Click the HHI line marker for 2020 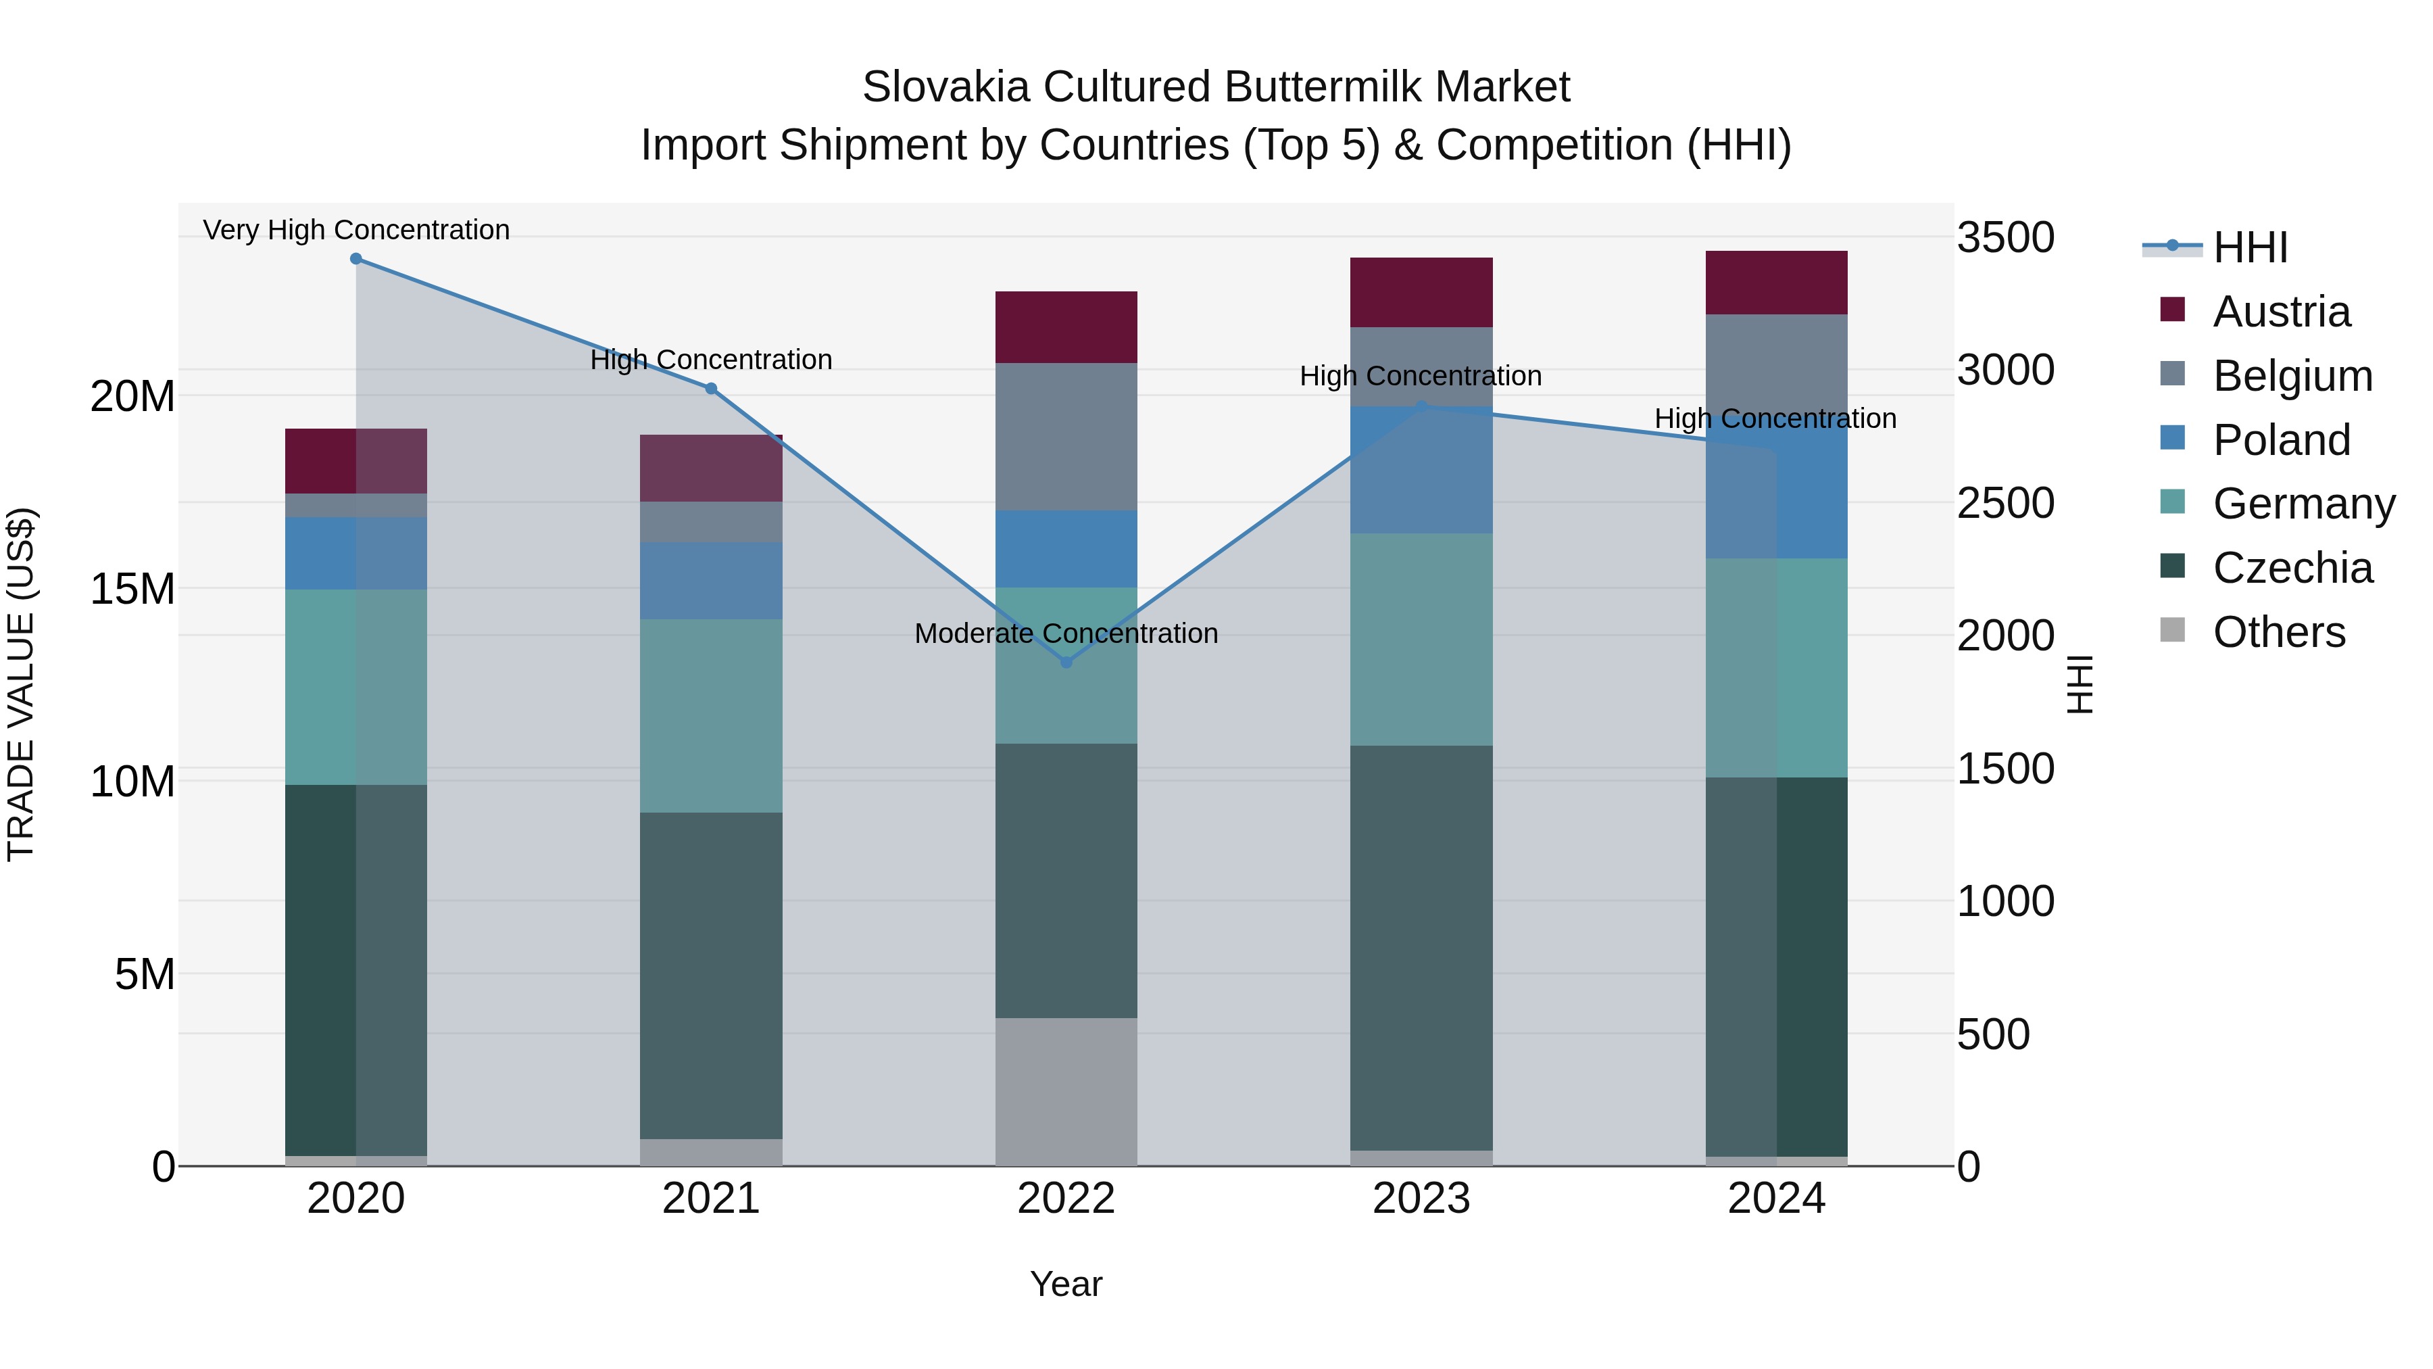(356, 259)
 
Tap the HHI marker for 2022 (1066, 663)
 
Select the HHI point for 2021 (711, 388)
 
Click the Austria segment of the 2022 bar (1066, 327)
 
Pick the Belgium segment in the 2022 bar (1066, 437)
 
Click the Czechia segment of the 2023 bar (1421, 948)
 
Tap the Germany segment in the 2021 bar (711, 715)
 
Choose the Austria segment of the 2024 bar (1777, 283)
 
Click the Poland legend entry (2281, 440)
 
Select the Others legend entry (2278, 632)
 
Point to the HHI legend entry (2250, 247)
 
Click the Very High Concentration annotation (356, 230)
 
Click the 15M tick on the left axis (132, 589)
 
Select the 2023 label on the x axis (1421, 1199)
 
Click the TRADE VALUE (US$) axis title (22, 684)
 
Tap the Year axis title (1066, 1284)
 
